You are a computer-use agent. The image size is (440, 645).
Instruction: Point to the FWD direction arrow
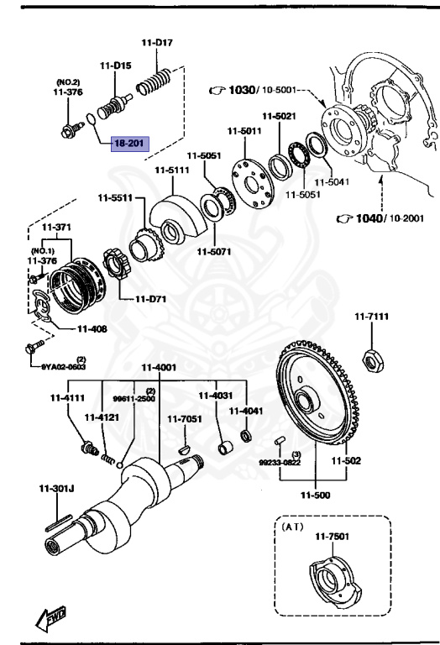tap(50, 619)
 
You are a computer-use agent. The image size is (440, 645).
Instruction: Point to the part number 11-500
tap(318, 496)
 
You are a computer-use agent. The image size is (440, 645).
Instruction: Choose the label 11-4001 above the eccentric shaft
tap(158, 367)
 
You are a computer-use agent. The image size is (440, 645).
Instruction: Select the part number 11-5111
tap(171, 170)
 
